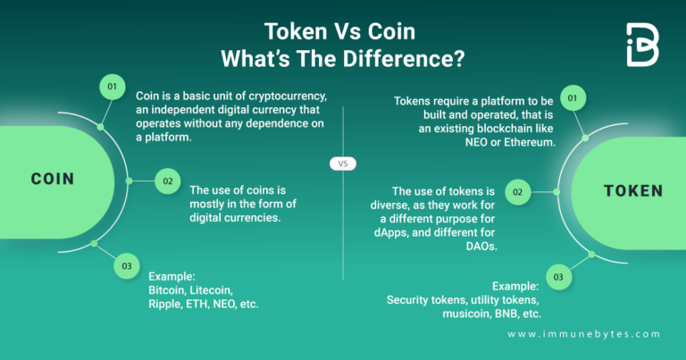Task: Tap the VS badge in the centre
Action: pyautogui.click(x=342, y=163)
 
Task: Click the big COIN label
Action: pyautogui.click(x=53, y=179)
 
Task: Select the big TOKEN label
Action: pyautogui.click(x=632, y=190)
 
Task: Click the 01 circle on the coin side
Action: pyautogui.click(x=112, y=88)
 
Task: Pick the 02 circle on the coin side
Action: pyautogui.click(x=167, y=180)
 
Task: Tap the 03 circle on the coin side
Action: pyautogui.click(x=127, y=265)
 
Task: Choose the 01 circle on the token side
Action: pyautogui.click(x=573, y=96)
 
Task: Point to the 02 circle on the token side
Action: pyautogui.click(x=518, y=191)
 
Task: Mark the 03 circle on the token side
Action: pyautogui.click(x=558, y=278)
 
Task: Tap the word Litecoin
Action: pyautogui.click(x=214, y=291)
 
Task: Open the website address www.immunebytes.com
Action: pyautogui.click(x=583, y=334)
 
